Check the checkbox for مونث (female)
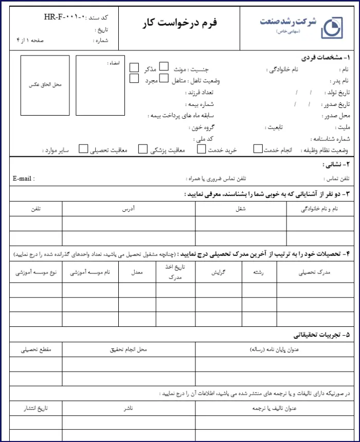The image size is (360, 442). (x=164, y=66)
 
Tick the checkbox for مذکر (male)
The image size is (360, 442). (x=134, y=67)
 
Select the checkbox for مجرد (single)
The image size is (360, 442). (x=134, y=79)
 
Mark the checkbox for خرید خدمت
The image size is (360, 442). (x=201, y=149)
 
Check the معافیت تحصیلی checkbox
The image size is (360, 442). (x=84, y=149)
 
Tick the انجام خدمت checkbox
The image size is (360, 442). (x=258, y=149)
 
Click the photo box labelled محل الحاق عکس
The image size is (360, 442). (x=45, y=86)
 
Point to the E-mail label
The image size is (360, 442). (x=24, y=179)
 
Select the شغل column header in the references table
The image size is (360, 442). (x=241, y=209)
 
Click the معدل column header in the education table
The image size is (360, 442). (x=137, y=272)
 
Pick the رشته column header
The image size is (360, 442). (x=260, y=272)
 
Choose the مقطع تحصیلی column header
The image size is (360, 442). (x=36, y=349)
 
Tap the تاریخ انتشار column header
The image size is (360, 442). (x=36, y=408)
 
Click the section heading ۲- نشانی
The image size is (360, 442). (x=336, y=165)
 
